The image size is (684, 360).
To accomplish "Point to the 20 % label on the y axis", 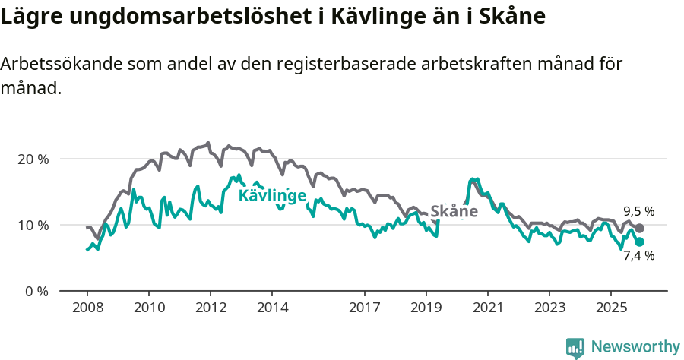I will point(33,159).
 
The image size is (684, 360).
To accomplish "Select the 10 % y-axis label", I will point(33,226).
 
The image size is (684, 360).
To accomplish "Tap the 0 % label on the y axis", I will point(36,292).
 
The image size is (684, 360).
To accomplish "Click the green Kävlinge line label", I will point(272,196).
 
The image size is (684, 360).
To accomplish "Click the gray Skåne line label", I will point(454,212).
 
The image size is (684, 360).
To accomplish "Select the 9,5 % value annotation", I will point(638,212).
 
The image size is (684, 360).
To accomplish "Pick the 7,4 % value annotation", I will point(638,255).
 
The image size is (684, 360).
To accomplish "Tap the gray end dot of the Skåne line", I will point(640,228).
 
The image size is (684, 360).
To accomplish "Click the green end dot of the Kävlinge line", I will point(640,242).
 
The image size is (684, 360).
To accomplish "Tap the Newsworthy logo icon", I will point(575,348).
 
